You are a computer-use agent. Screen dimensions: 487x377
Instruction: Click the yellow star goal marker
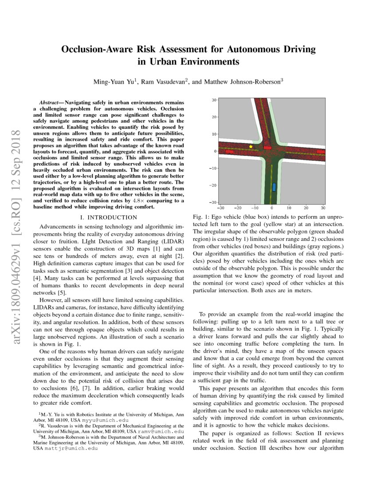click(251, 147)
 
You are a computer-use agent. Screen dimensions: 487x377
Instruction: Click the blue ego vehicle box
click(274, 187)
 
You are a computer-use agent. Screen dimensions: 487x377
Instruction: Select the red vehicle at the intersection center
click(267, 147)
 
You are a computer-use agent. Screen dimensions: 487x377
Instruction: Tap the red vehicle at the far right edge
click(321, 151)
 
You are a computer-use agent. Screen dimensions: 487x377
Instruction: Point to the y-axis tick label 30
click(213, 100)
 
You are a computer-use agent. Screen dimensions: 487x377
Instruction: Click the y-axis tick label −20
click(212, 185)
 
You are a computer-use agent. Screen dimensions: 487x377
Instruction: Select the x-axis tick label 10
click(289, 208)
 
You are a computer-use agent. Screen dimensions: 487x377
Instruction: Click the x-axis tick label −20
click(237, 208)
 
